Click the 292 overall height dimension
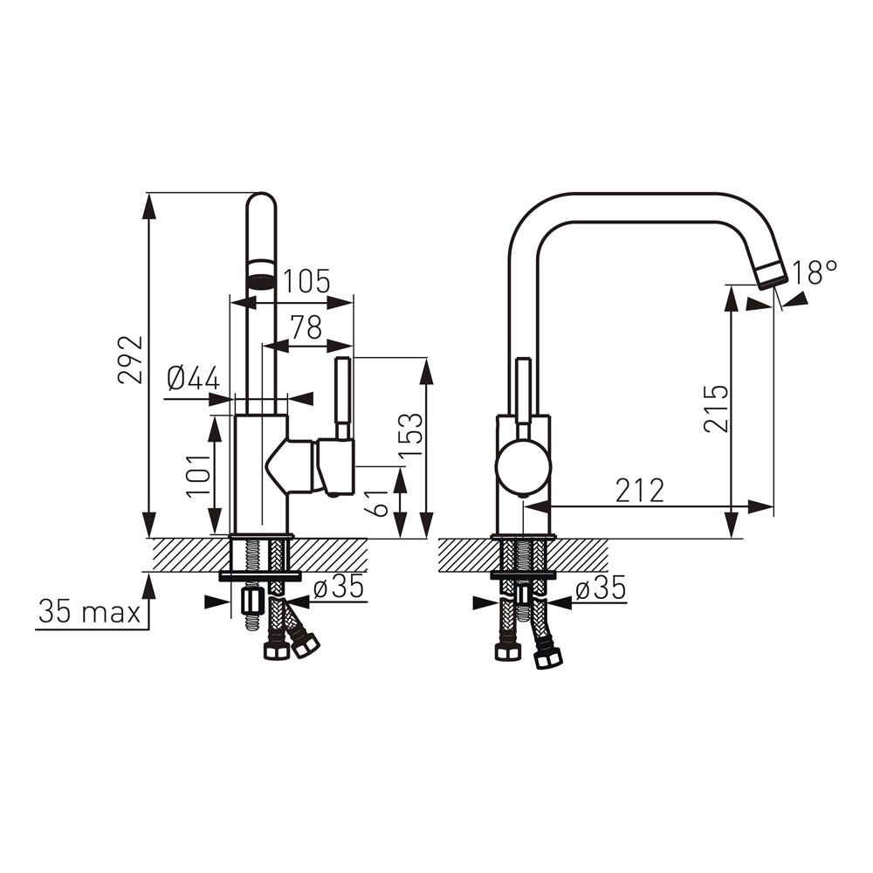(130, 360)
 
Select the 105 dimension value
(306, 281)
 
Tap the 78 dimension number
(306, 327)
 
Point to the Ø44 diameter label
(193, 379)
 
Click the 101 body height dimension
(198, 476)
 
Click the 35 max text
(89, 613)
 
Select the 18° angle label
(815, 272)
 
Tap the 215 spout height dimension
(716, 408)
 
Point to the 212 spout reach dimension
(640, 491)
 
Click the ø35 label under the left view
(339, 587)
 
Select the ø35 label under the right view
(601, 588)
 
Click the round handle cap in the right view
(523, 465)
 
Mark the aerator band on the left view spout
(261, 273)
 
